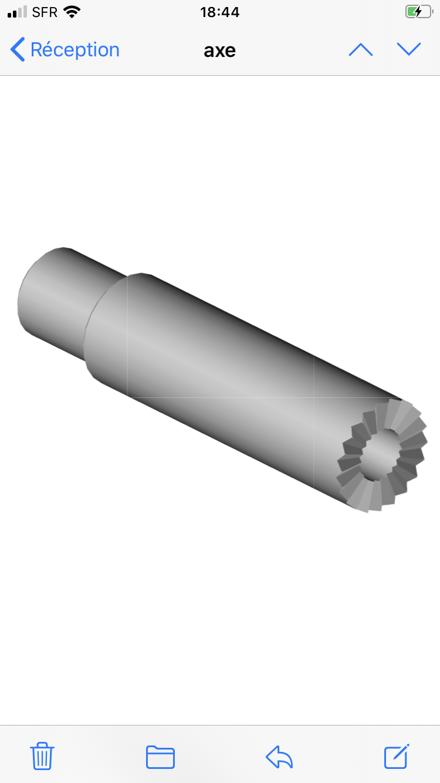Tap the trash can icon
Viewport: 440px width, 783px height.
point(42,756)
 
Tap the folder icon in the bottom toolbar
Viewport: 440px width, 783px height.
point(160,757)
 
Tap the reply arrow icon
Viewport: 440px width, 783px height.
point(279,757)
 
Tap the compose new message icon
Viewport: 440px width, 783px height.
point(397,756)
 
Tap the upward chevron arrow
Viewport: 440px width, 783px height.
point(361,50)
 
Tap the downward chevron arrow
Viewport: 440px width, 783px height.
point(409,49)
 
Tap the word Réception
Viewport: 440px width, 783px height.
point(75,50)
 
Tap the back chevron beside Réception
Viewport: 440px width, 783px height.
point(18,49)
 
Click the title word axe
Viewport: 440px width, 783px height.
point(220,51)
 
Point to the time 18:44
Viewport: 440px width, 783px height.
point(220,12)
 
